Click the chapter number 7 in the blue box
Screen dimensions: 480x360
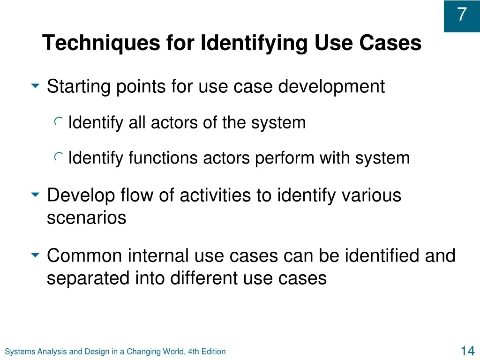462,14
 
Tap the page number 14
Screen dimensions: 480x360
468,351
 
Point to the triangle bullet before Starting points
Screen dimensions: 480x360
36,86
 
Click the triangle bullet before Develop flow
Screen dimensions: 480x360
36,195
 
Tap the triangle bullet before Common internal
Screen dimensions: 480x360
36,255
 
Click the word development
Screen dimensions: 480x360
331,86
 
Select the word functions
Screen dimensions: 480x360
163,158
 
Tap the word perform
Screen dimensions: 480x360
285,158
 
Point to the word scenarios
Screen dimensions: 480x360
87,218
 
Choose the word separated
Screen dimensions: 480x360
88,278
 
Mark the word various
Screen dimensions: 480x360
371,195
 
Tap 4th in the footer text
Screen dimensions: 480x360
194,352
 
